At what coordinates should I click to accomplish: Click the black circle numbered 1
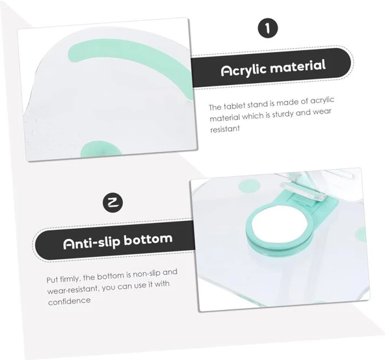268,28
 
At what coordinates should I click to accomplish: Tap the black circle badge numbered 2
113,203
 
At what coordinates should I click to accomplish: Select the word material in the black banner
298,66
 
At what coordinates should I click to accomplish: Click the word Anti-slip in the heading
92,242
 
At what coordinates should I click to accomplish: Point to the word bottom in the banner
148,239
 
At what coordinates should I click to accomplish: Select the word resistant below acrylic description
224,129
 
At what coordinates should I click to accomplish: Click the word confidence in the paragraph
69,301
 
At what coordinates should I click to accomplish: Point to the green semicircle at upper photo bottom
101,148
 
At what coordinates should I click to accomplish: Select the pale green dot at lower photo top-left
249,186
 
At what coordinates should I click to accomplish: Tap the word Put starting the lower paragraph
52,280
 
